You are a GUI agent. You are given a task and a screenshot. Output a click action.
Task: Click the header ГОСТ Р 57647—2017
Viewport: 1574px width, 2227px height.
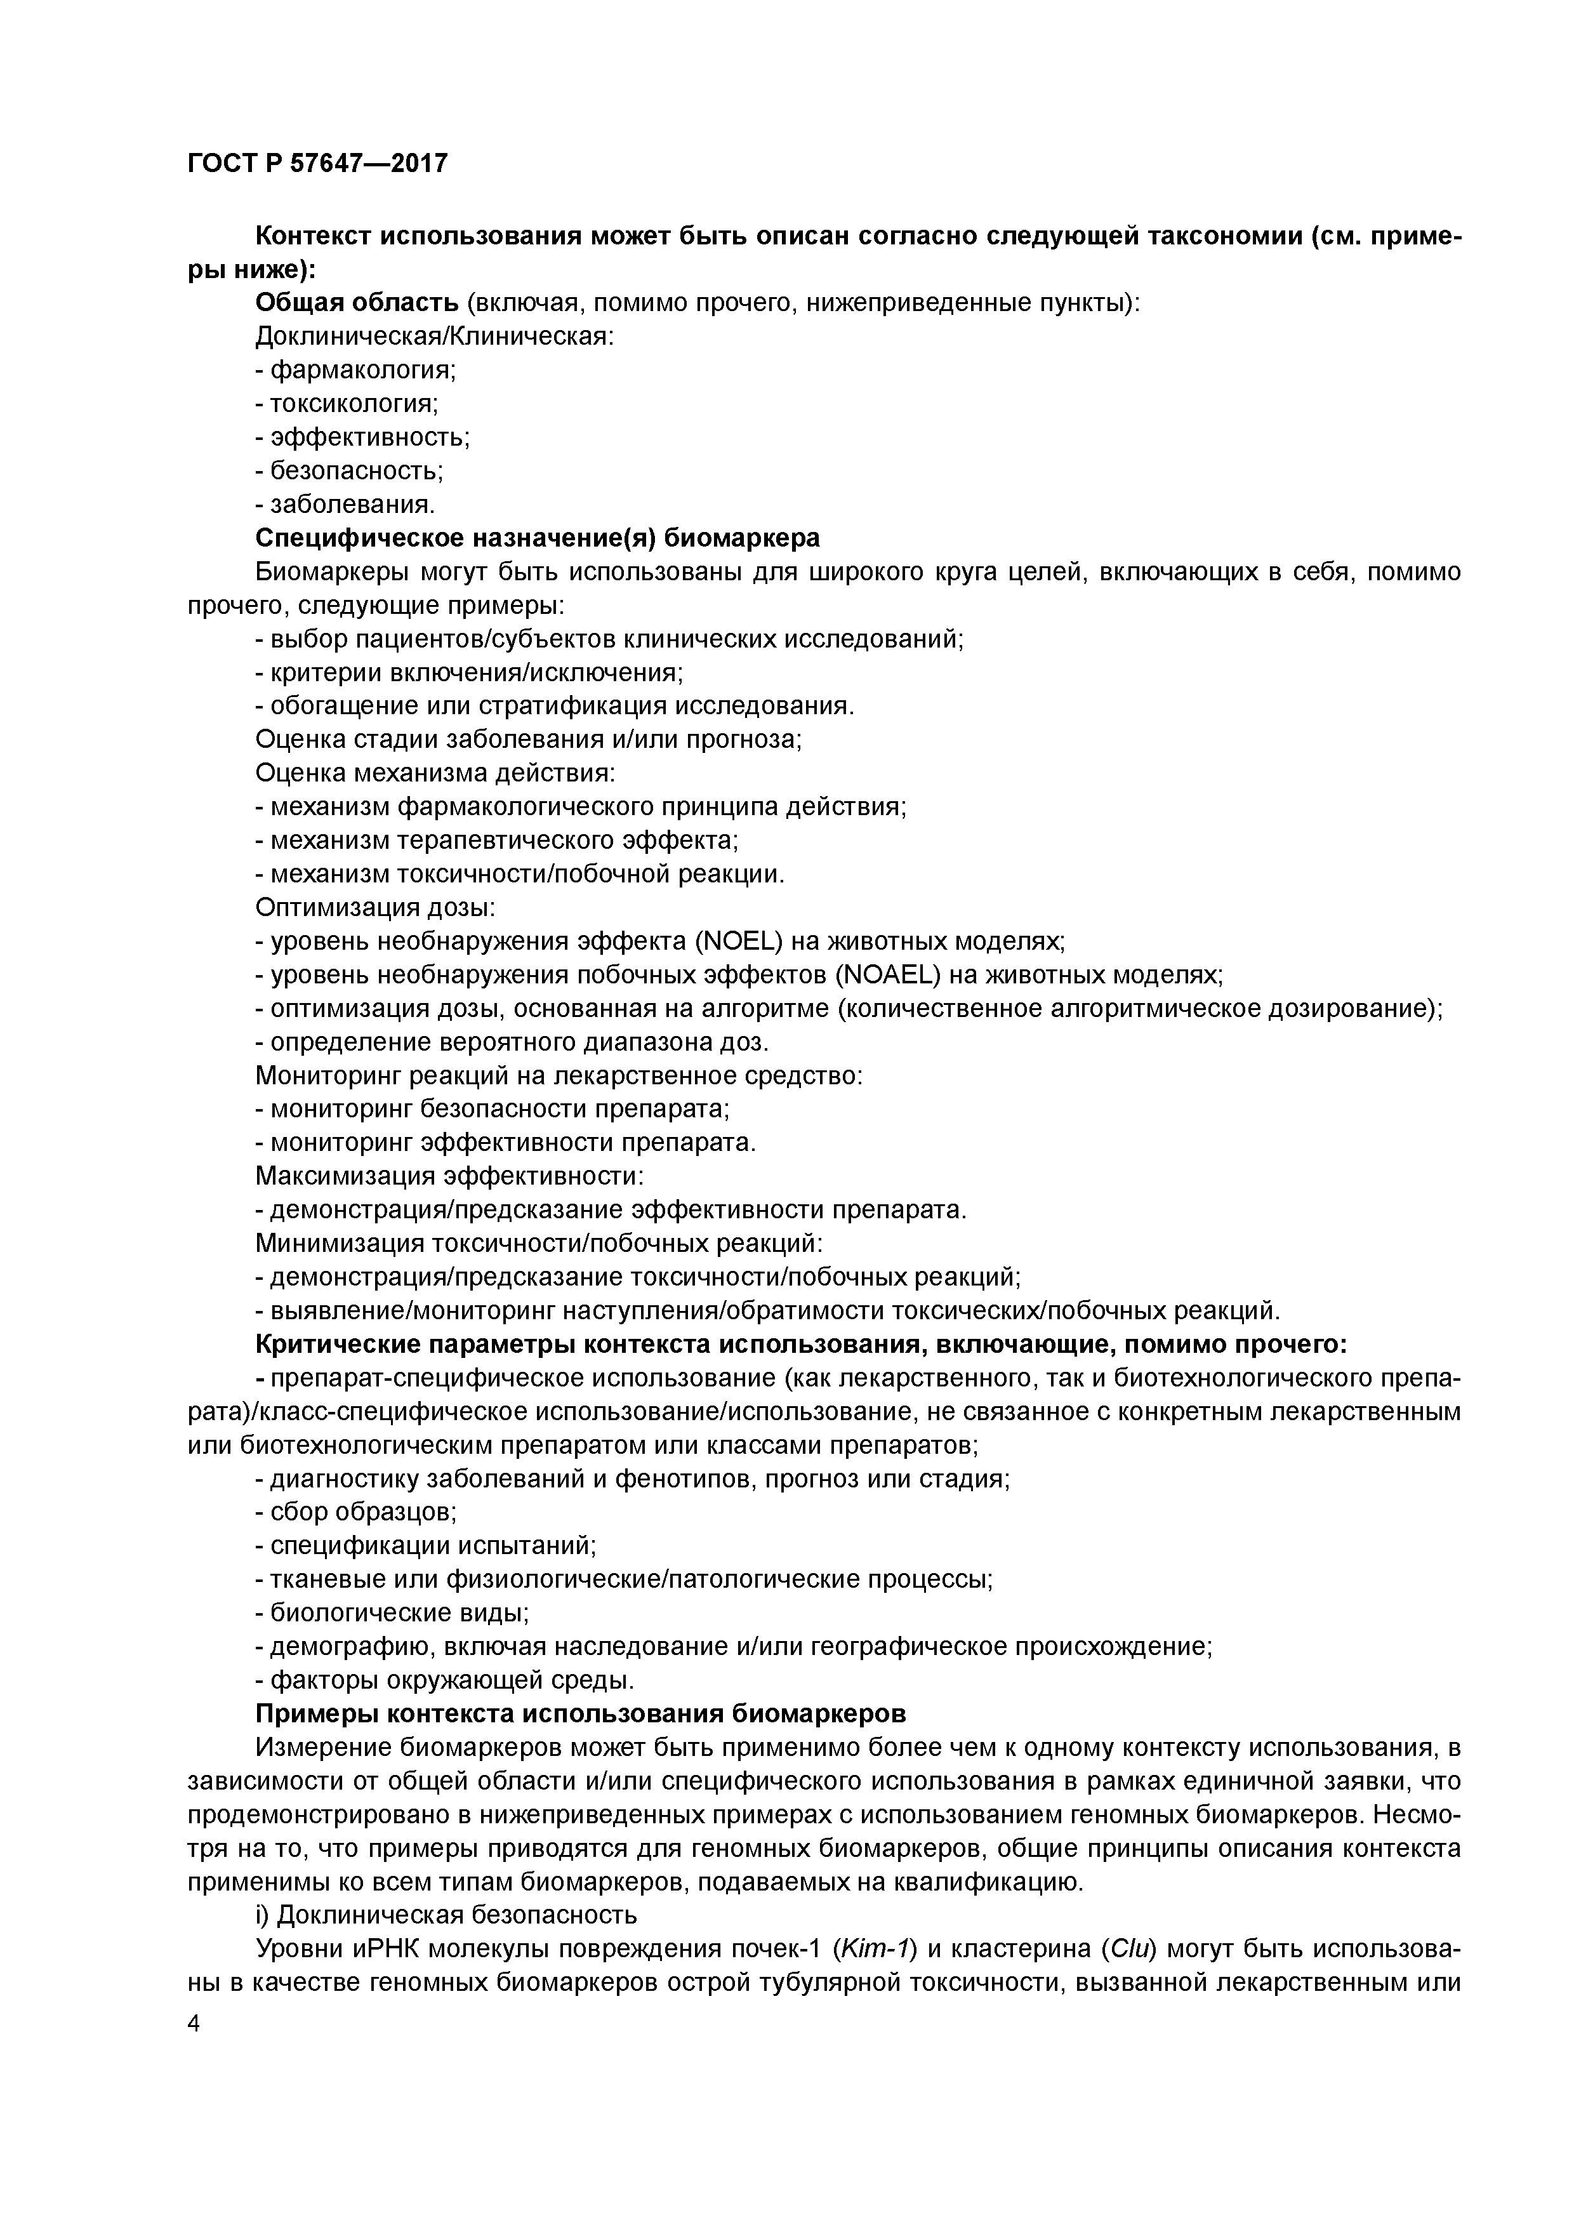pos(317,163)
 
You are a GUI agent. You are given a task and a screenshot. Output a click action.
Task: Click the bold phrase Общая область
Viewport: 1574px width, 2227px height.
pos(356,303)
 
